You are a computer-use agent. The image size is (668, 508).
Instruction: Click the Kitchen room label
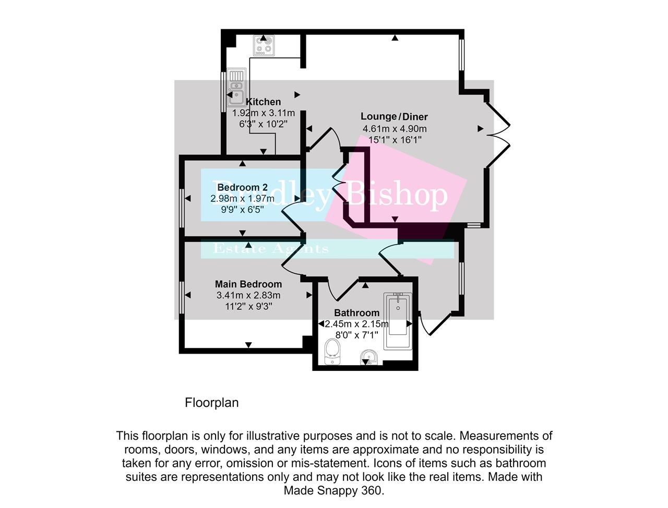[x=264, y=102]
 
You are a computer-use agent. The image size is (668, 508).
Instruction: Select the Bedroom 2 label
[x=242, y=187]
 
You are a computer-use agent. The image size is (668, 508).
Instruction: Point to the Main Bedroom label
[x=248, y=284]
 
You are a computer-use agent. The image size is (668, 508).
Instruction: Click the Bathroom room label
[x=356, y=313]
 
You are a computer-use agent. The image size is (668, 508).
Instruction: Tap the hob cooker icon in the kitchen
[x=264, y=45]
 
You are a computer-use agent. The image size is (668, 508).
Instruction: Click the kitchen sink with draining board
[x=236, y=88]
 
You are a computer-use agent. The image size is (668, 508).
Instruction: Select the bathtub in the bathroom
[x=398, y=321]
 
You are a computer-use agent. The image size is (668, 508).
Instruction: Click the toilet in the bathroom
[x=332, y=352]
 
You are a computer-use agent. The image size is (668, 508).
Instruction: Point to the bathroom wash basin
[x=369, y=358]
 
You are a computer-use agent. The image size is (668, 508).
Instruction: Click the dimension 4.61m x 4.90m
[x=395, y=129]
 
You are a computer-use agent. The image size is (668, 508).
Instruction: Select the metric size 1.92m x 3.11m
[x=264, y=113]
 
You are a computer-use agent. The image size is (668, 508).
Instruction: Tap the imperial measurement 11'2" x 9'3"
[x=248, y=307]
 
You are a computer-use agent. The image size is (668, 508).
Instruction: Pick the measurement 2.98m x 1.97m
[x=242, y=199]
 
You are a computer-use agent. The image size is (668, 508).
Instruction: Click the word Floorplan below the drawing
[x=211, y=403]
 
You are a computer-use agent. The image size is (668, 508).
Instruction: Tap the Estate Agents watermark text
[x=271, y=249]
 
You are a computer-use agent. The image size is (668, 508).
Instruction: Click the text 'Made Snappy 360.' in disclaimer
[x=334, y=490]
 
